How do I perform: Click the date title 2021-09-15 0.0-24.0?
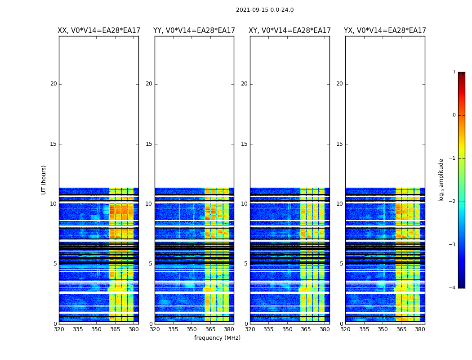[x=265, y=10]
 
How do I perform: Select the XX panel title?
[x=99, y=31]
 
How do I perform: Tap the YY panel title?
[x=194, y=31]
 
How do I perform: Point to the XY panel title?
[x=290, y=31]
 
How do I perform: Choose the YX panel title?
[x=385, y=31]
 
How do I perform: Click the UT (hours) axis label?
[x=44, y=180]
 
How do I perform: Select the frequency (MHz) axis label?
[x=217, y=338]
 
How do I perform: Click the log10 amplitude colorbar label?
[x=441, y=180]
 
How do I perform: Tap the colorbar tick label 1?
[x=454, y=72]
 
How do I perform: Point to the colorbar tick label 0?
[x=454, y=115]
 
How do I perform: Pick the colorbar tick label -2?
[x=453, y=202]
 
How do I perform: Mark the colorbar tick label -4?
[x=453, y=288]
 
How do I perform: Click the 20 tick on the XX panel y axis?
[x=53, y=84]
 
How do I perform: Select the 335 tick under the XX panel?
[x=78, y=329]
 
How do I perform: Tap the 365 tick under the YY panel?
[x=210, y=329]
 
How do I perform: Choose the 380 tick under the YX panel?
[x=420, y=329]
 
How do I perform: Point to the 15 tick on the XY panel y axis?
[x=244, y=144]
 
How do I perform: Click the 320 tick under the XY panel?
[x=250, y=329]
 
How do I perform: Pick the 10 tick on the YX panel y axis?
[x=339, y=204]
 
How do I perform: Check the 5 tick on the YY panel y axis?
[x=151, y=264]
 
